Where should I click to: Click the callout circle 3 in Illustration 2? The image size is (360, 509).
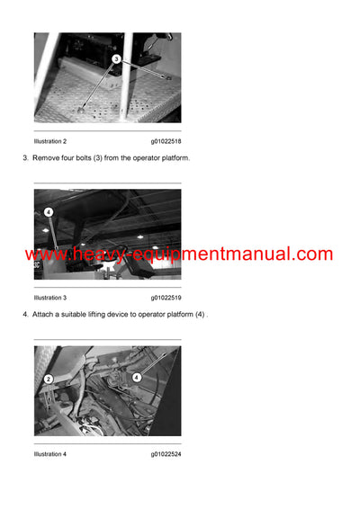(x=116, y=58)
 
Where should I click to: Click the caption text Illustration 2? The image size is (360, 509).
(x=50, y=141)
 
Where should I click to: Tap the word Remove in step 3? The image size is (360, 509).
(x=48, y=158)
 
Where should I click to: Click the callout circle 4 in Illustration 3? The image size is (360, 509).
(x=49, y=212)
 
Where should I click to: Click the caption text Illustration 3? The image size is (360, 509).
(x=50, y=298)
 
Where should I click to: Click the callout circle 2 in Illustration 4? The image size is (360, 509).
(x=49, y=379)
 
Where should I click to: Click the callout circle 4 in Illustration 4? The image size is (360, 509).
(x=136, y=378)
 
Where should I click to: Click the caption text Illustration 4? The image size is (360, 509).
(x=50, y=454)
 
